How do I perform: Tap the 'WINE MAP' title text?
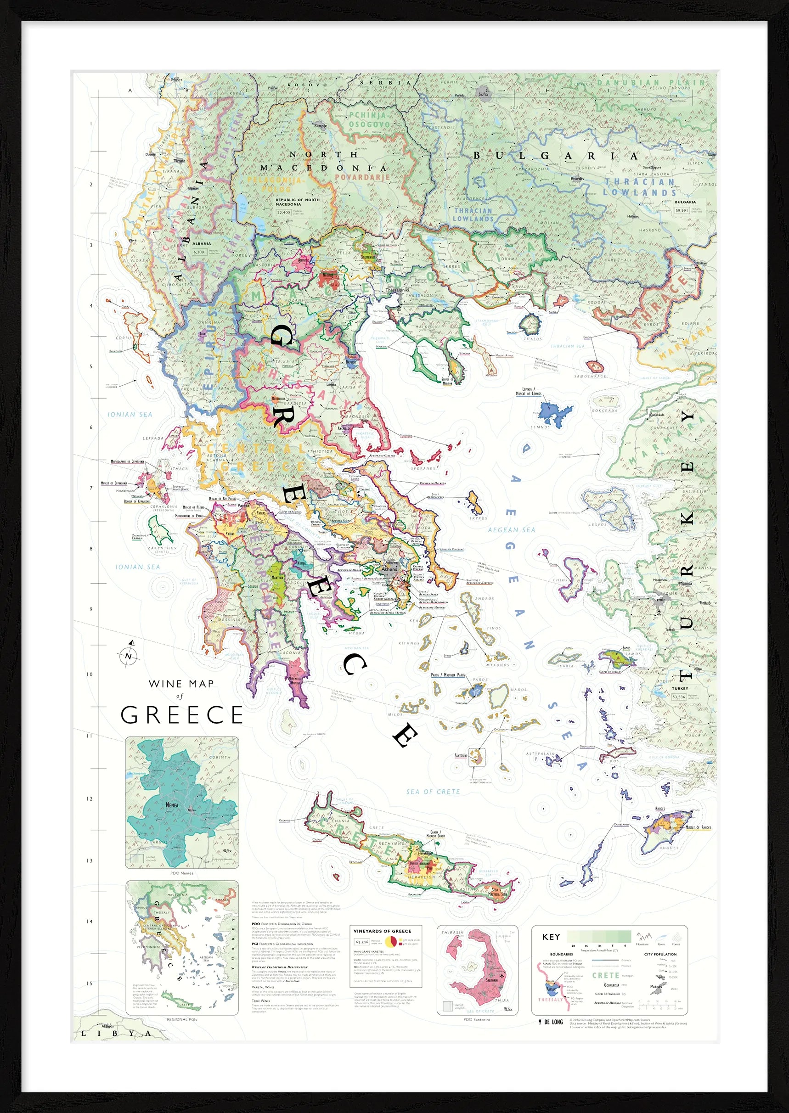(181, 684)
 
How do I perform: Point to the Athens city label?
(389, 568)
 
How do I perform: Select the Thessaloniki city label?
(397, 290)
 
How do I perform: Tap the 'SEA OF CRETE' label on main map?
(433, 792)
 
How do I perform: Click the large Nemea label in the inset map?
(172, 805)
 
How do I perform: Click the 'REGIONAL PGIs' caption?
(182, 1019)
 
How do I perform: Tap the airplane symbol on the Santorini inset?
(502, 976)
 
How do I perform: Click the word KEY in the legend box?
(551, 937)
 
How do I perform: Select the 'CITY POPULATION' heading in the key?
(660, 954)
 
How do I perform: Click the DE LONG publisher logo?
(551, 1022)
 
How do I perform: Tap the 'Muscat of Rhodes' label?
(698, 827)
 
